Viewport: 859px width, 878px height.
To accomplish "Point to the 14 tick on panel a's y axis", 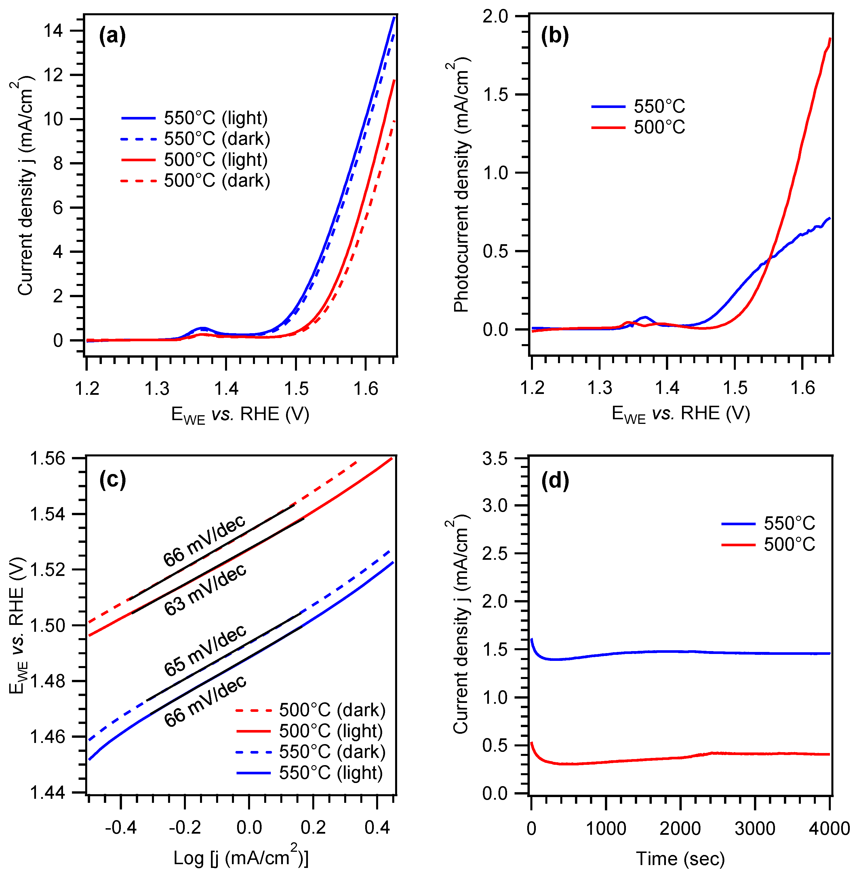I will pos(54,31).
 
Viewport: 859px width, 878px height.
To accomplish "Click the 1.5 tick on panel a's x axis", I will pos(296,388).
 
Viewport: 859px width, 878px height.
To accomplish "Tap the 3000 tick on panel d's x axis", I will pos(755,828).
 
